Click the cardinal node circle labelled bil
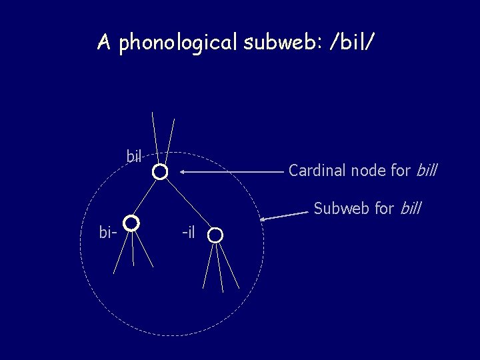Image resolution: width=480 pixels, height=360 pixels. click(160, 173)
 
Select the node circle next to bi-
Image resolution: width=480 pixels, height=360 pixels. click(131, 223)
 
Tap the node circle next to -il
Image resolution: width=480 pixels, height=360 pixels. click(215, 235)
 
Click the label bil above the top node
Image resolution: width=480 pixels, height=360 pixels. click(134, 157)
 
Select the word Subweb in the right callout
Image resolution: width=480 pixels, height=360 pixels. click(336, 209)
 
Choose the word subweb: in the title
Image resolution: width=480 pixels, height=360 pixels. click(279, 43)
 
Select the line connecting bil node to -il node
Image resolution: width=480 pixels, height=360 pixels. click(188, 205)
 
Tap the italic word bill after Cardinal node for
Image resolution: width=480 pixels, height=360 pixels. click(426, 171)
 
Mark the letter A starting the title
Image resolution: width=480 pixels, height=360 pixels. click(103, 43)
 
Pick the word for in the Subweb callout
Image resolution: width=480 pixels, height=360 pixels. click(383, 209)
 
